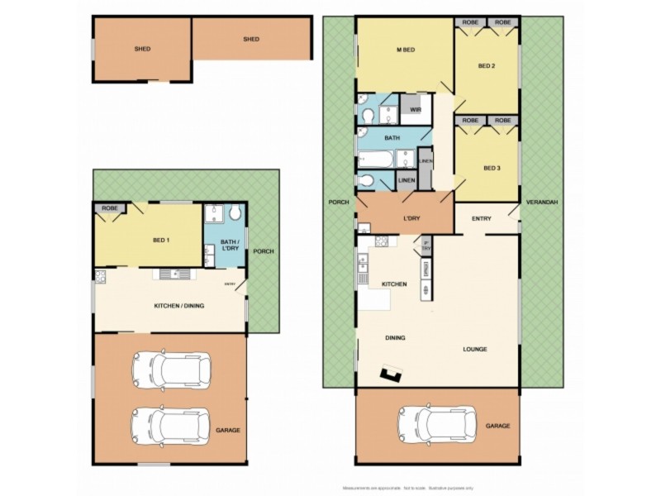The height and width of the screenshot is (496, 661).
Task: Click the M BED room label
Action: [x=405, y=51]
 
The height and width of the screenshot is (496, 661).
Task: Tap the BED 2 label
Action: [x=486, y=66]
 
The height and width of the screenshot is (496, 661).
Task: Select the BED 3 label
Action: [x=492, y=168]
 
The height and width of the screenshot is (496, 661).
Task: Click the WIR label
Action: [x=416, y=109]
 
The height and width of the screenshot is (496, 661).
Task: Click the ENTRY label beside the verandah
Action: [x=482, y=218]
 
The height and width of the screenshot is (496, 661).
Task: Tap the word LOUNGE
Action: [x=474, y=349]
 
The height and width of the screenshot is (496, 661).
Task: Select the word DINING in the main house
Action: [x=396, y=337]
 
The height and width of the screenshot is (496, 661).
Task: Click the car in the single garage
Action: [x=437, y=425]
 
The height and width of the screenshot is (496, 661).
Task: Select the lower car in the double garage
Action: [x=171, y=424]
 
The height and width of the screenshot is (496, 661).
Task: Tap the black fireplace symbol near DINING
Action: [x=389, y=377]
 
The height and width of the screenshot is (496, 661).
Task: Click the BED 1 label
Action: [x=162, y=240]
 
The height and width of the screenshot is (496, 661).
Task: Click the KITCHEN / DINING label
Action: [x=178, y=306]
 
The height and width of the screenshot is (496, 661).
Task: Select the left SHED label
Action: [x=142, y=49]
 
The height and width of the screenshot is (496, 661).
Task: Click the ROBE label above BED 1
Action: [x=110, y=208]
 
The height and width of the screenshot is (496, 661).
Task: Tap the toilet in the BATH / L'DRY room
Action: [x=235, y=214]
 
